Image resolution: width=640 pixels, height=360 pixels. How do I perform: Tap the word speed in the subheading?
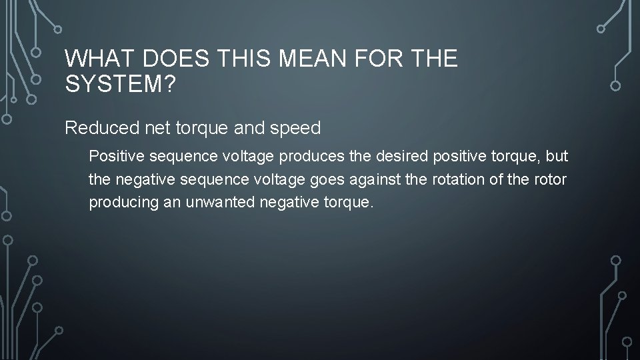coord(297,128)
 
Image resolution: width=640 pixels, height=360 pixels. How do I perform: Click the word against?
coord(375,180)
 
